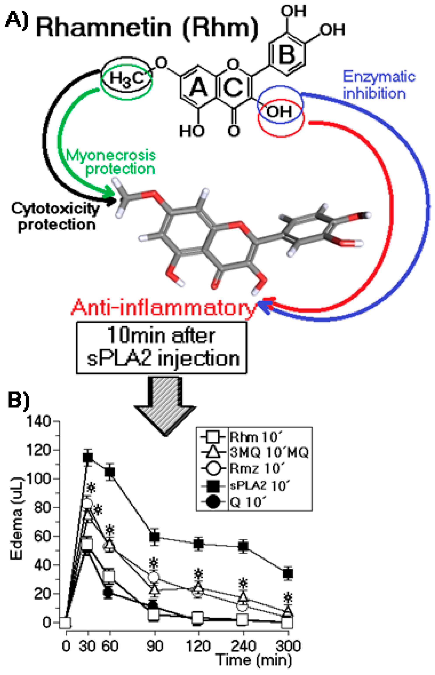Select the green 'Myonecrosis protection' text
pos(111,162)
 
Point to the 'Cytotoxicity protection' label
pos(55,217)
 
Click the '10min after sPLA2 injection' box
pos(161,347)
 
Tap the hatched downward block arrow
pos(165,406)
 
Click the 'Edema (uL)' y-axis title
pos(16,518)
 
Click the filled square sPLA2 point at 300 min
pos(288,573)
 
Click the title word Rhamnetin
pos(104,28)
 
